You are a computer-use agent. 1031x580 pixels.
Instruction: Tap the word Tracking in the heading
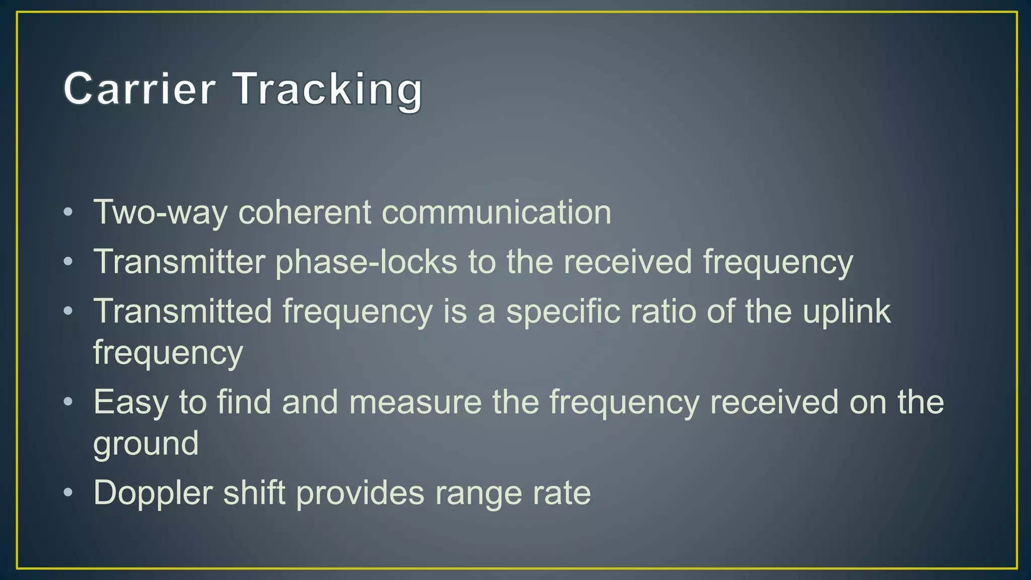click(328, 90)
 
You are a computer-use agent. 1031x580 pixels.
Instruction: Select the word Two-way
click(160, 212)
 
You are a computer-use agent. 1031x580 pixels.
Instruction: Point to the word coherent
click(305, 212)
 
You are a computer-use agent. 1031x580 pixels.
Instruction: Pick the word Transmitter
click(179, 262)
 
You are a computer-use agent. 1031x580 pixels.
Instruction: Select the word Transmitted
click(183, 311)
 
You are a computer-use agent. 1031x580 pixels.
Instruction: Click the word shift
click(254, 492)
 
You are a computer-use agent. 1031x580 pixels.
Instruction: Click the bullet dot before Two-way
click(68, 211)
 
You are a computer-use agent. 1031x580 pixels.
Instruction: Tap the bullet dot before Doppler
click(68, 492)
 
